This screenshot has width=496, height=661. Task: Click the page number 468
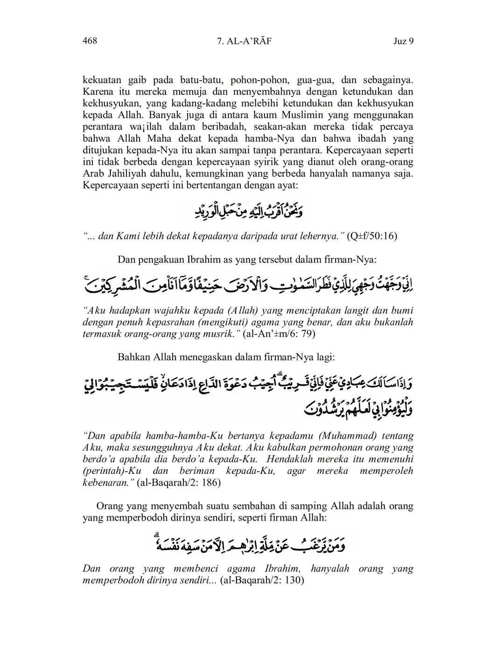point(90,41)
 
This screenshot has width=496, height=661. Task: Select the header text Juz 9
point(404,42)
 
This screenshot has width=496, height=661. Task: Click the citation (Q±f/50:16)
point(372,236)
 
